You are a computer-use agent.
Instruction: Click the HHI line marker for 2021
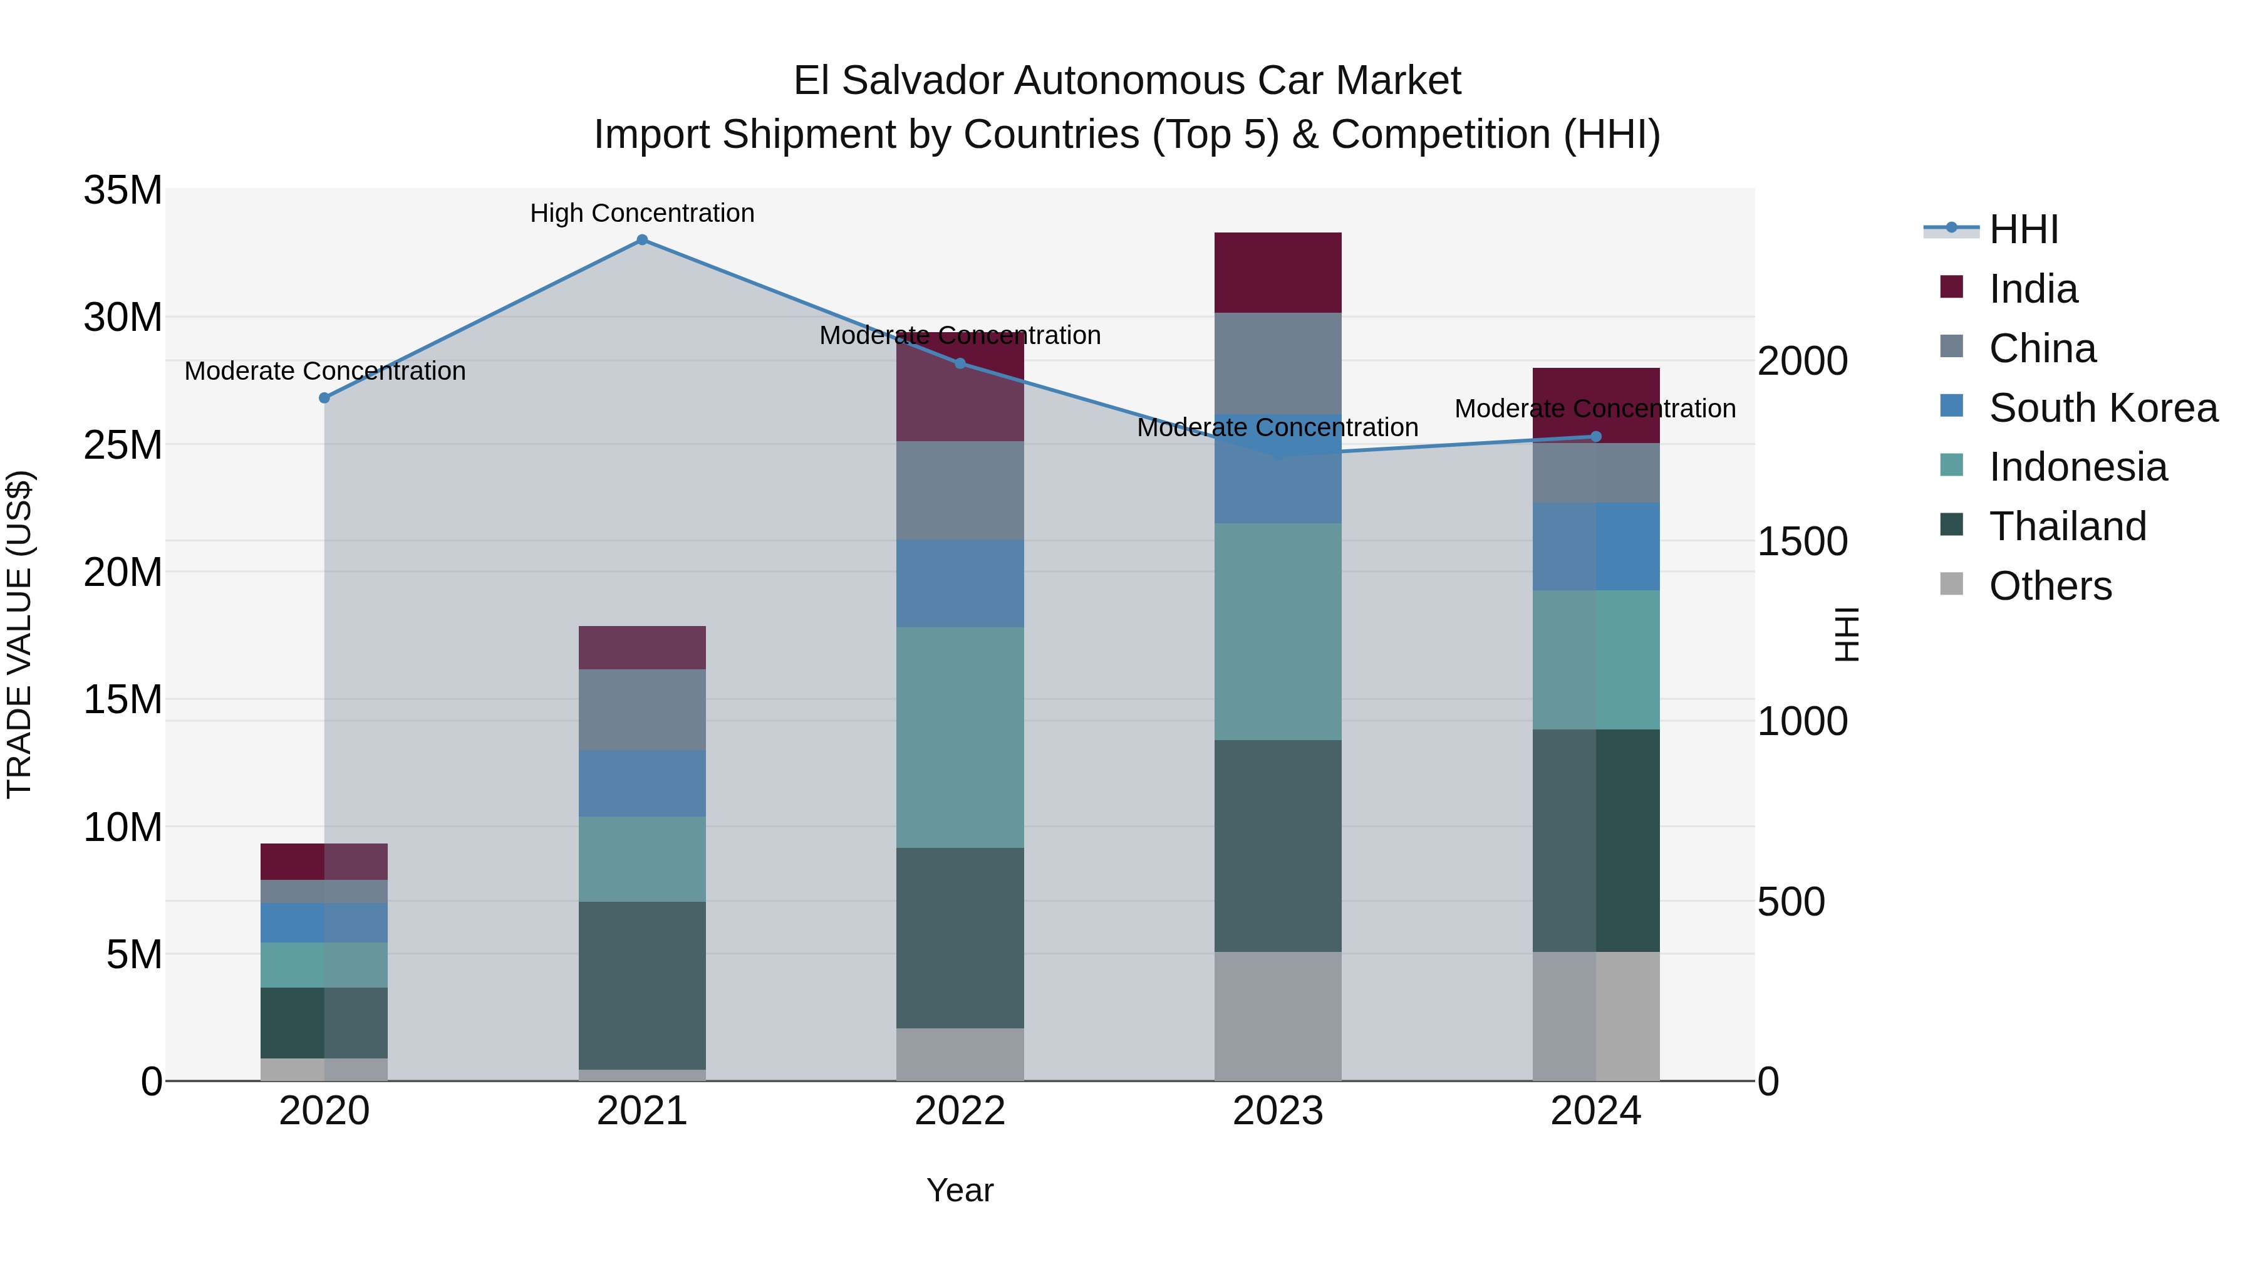641,240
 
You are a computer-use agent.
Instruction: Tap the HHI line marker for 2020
324,397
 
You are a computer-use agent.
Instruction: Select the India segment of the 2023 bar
1277,273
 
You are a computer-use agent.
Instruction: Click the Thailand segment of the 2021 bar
641,984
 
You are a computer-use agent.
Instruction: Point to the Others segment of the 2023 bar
1277,1016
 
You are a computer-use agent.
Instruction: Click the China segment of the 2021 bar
641,709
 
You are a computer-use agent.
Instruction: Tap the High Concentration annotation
641,213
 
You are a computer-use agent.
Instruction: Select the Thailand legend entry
2067,526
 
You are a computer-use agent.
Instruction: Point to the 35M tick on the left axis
123,190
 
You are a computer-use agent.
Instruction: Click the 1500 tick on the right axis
1802,542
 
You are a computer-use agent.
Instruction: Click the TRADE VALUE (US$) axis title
19,634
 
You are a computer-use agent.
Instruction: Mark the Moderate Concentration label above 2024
1594,409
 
